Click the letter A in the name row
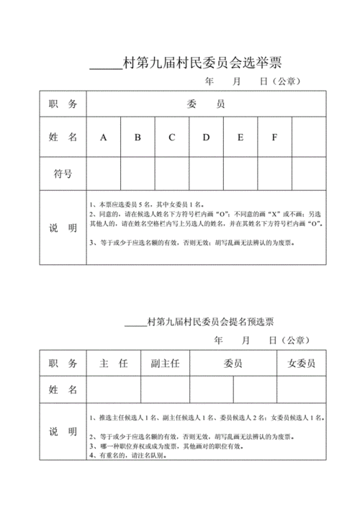tap(104, 137)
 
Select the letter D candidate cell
tap(206, 137)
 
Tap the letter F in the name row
tap(274, 137)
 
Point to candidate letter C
tap(172, 137)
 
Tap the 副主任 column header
tap(165, 364)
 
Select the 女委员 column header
tap(302, 364)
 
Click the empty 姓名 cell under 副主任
tap(165, 389)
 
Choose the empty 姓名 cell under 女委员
tap(302, 389)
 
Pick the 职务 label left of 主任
tap(63, 364)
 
